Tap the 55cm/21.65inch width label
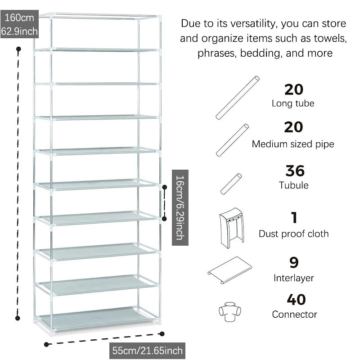[x=147, y=351]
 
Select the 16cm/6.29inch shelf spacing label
[x=180, y=207]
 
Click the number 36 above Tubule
[x=295, y=171]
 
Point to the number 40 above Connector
[x=296, y=300]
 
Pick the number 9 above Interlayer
[x=294, y=263]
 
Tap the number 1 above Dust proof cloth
[x=294, y=217]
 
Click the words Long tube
[x=293, y=103]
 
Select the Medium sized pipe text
[x=293, y=144]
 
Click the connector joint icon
[x=229, y=311]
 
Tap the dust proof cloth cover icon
[x=232, y=228]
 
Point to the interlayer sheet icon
[x=229, y=270]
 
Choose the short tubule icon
[x=231, y=184]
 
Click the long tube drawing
[x=238, y=98]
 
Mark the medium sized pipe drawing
[x=232, y=140]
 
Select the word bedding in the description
[x=261, y=54]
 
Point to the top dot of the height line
[x=18, y=49]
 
